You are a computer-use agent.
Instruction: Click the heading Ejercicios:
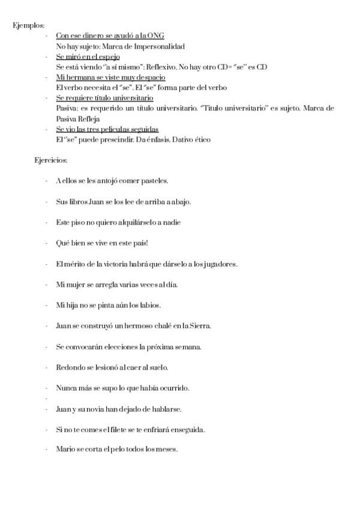click(x=51, y=160)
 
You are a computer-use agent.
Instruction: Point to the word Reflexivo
click(x=181, y=67)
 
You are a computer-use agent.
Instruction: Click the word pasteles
click(x=154, y=181)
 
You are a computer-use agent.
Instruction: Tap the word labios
click(x=150, y=306)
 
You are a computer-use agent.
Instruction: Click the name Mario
click(x=64, y=450)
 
